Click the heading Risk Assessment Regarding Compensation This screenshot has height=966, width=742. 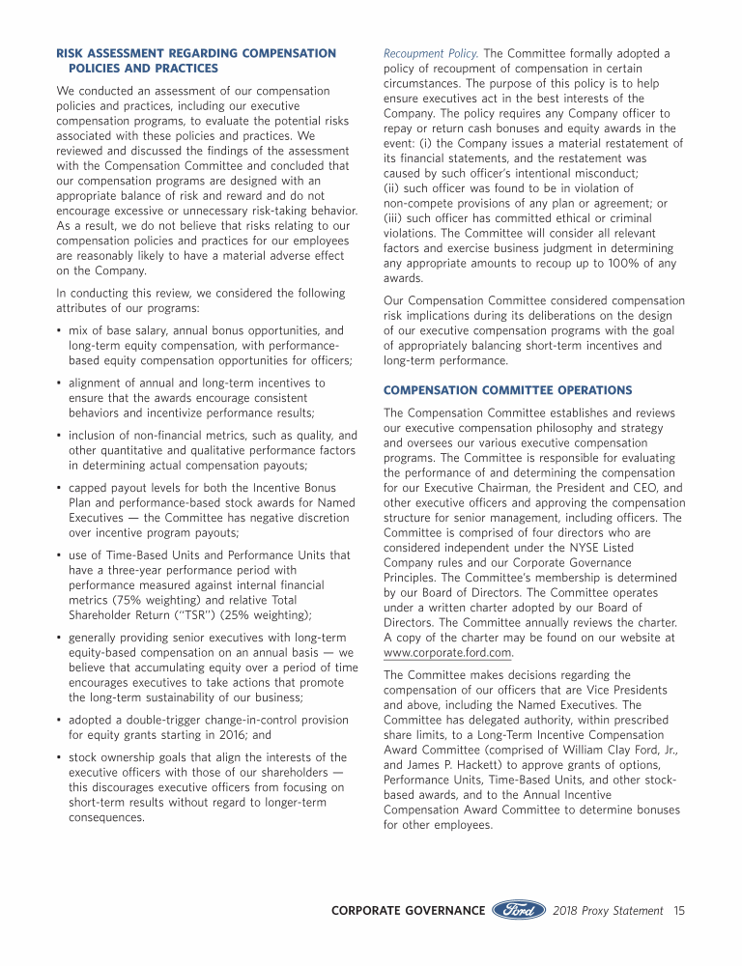point(196,53)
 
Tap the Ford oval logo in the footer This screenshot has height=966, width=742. point(519,910)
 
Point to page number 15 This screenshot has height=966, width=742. point(679,911)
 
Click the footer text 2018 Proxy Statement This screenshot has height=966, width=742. point(609,911)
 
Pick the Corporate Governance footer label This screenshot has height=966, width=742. point(408,911)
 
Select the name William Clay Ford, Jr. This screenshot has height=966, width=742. point(614,750)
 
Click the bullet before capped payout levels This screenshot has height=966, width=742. point(60,488)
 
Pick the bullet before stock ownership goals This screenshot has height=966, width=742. point(60,758)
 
